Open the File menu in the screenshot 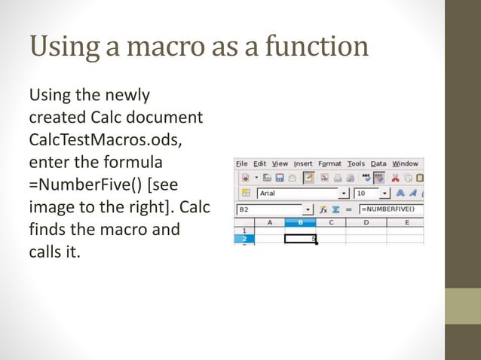(x=241, y=163)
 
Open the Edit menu (x=259, y=163)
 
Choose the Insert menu (x=303, y=163)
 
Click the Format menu (x=329, y=163)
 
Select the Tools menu (x=356, y=163)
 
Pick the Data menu (x=378, y=163)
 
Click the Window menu (x=405, y=163)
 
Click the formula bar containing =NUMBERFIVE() (x=389, y=209)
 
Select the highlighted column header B (x=301, y=223)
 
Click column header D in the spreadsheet (x=366, y=223)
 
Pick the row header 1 (x=244, y=230)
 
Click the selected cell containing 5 (x=301, y=239)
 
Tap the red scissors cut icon (x=394, y=178)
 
